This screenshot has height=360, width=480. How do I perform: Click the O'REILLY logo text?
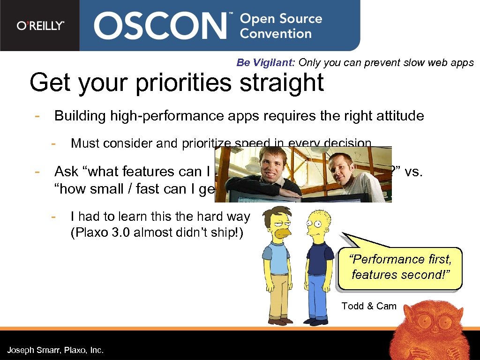coord(40,26)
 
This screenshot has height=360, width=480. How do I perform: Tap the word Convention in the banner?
coord(276,34)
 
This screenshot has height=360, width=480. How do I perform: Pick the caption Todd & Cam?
coord(369,306)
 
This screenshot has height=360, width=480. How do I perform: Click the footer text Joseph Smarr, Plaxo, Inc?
coord(55,350)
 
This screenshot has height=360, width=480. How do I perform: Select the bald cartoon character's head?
coord(319,224)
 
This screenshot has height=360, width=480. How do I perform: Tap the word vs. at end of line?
coord(413,172)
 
